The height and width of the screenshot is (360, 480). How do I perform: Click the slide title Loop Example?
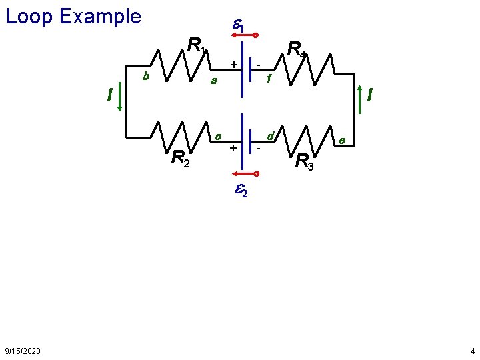[x=73, y=16]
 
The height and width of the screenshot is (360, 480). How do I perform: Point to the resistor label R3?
[x=304, y=162]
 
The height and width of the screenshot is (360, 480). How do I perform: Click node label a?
[x=213, y=81]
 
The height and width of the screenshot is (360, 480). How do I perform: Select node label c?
[x=218, y=136]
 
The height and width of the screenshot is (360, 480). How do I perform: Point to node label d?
[x=271, y=137]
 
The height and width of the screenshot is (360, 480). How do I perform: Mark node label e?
[x=341, y=141]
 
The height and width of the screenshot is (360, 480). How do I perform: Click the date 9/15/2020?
[x=22, y=351]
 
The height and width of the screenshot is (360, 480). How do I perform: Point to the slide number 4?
[x=472, y=351]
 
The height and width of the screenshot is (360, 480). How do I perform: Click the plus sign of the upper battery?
[x=233, y=64]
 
